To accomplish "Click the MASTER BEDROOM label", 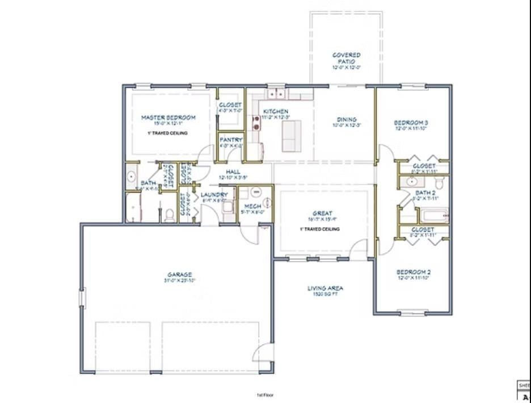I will click(168, 118).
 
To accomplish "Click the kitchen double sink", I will click(277, 93).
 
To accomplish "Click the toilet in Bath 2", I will click(439, 183).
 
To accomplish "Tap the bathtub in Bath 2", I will click(433, 216).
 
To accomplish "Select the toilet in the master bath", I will click(168, 215).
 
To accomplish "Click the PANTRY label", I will click(231, 140).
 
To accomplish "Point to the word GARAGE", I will click(179, 275).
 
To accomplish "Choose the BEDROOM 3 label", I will click(411, 123).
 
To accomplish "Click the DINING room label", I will click(347, 120).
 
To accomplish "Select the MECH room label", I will click(252, 206).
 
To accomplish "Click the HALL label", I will click(233, 171).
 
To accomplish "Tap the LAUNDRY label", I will click(214, 195).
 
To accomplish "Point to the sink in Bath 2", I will click(412, 182).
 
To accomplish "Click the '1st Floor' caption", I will click(265, 395).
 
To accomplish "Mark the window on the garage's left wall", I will click(82, 297).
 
